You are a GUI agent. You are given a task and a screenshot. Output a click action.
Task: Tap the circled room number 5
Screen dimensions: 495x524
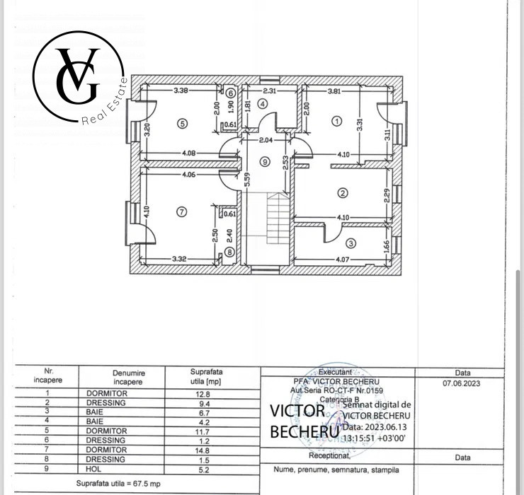(x=183, y=123)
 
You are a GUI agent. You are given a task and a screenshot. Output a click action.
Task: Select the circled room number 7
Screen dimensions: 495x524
(x=182, y=211)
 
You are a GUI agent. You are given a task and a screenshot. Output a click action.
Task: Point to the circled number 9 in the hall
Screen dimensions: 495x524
(x=265, y=161)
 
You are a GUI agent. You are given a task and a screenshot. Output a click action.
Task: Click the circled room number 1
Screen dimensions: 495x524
(x=337, y=121)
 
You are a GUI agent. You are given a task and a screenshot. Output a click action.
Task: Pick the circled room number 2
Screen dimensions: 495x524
(x=343, y=192)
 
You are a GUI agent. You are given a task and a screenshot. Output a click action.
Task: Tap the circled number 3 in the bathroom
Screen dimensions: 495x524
(x=352, y=243)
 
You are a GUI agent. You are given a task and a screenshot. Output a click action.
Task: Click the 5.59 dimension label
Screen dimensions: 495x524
(x=247, y=180)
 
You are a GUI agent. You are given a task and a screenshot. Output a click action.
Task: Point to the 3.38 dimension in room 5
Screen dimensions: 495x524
(x=181, y=90)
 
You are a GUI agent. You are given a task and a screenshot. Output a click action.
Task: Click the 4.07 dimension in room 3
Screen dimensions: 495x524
(x=343, y=259)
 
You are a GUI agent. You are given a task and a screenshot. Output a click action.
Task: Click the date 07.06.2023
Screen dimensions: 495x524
(x=462, y=383)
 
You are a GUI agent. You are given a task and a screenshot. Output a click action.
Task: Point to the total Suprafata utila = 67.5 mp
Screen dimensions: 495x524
(x=119, y=483)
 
